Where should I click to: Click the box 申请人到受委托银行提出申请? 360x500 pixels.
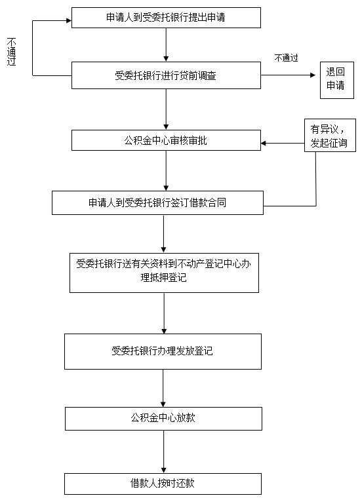pyautogui.click(x=166, y=18)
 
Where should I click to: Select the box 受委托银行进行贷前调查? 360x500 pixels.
pyautogui.click(x=166, y=75)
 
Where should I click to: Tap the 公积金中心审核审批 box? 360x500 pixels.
pyautogui.click(x=166, y=140)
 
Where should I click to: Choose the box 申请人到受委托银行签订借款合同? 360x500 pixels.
pyautogui.click(x=157, y=202)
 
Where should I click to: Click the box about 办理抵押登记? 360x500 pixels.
pyautogui.click(x=164, y=273)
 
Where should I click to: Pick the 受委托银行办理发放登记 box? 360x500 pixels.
pyautogui.click(x=163, y=351)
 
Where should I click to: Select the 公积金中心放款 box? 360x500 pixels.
pyautogui.click(x=163, y=418)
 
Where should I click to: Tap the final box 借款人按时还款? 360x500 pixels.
pyautogui.click(x=163, y=484)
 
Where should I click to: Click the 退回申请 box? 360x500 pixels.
pyautogui.click(x=337, y=80)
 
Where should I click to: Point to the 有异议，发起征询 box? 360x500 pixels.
pyautogui.click(x=330, y=135)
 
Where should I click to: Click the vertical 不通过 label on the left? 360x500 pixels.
pyautogui.click(x=12, y=52)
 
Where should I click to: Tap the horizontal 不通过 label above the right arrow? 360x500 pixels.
pyautogui.click(x=286, y=58)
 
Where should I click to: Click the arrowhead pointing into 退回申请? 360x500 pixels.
pyautogui.click(x=313, y=75)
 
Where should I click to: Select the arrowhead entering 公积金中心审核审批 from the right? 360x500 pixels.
pyautogui.click(x=264, y=143)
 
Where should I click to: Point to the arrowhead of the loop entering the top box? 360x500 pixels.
pyautogui.click(x=69, y=21)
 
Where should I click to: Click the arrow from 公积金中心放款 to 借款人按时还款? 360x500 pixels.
pyautogui.click(x=164, y=452)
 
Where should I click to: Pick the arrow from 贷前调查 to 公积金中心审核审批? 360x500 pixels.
pyautogui.click(x=166, y=109)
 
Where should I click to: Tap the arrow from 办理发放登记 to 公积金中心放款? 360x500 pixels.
pyautogui.click(x=163, y=388)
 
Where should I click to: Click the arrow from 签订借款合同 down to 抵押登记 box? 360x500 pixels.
pyautogui.click(x=164, y=234)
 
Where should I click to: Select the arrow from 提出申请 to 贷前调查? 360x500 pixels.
pyautogui.click(x=166, y=45)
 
